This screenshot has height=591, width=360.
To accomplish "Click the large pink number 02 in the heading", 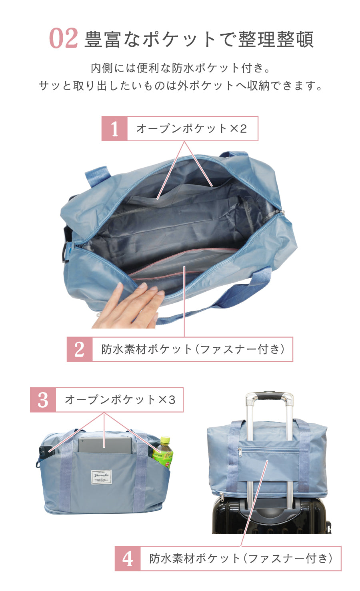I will pyautogui.click(x=63, y=39).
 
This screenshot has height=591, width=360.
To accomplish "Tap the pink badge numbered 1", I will pyautogui.click(x=114, y=129).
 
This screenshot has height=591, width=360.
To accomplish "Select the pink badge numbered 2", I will pyautogui.click(x=80, y=349).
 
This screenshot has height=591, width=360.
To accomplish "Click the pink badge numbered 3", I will pyautogui.click(x=43, y=400).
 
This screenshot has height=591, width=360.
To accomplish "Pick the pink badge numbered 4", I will pyautogui.click(x=128, y=558).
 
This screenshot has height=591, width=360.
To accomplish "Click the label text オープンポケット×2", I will pyautogui.click(x=192, y=129).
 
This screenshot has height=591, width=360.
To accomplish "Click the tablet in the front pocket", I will pyautogui.click(x=105, y=445).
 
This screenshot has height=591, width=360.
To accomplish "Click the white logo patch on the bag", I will pyautogui.click(x=101, y=477).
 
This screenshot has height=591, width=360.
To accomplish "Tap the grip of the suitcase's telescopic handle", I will pyautogui.click(x=270, y=397).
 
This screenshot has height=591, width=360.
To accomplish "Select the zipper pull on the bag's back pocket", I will pyautogui.click(x=240, y=452).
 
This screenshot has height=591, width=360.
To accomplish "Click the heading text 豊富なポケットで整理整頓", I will pyautogui.click(x=199, y=40).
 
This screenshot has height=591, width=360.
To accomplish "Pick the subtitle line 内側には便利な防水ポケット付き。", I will pyautogui.click(x=180, y=68).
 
